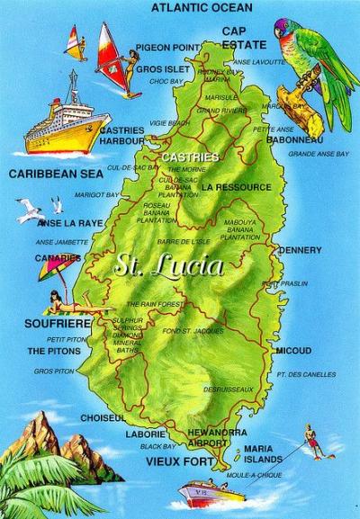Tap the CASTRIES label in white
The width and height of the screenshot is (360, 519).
click(190, 157)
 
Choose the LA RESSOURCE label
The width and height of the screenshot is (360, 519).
click(237, 187)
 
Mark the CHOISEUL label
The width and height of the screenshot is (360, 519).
click(102, 418)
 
